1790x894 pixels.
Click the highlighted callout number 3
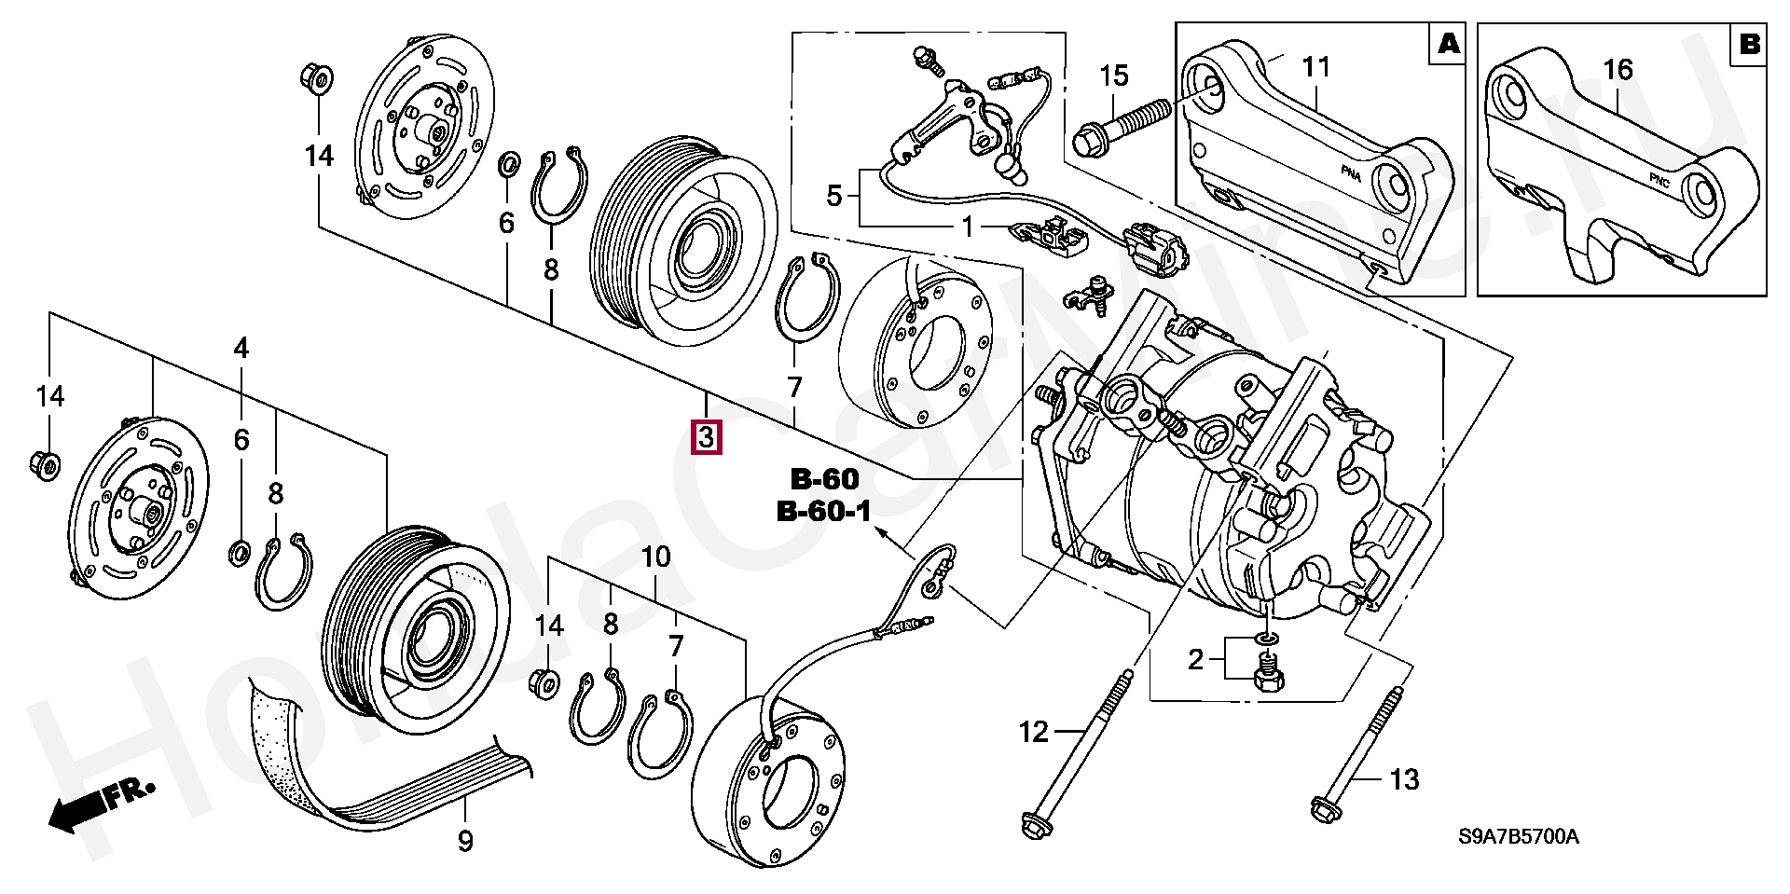[x=706, y=436]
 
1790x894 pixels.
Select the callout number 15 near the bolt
[x=1113, y=76]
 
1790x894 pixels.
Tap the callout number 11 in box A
[x=1315, y=67]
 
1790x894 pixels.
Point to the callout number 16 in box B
[x=1618, y=69]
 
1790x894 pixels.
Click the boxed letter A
[x=1448, y=43]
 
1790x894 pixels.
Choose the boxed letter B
[x=1749, y=43]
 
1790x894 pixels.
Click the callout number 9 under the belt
[x=465, y=842]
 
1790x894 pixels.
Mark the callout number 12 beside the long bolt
[x=1033, y=733]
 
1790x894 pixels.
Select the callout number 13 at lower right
[x=1404, y=779]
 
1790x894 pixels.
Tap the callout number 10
[x=656, y=557]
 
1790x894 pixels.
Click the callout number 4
[x=241, y=350]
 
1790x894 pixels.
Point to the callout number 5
[x=834, y=196]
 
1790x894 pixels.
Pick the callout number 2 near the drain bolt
[x=1196, y=660]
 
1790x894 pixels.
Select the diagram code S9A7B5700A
[x=1519, y=836]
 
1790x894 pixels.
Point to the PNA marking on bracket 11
[x=1351, y=174]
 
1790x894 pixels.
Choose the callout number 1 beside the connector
[x=968, y=227]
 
